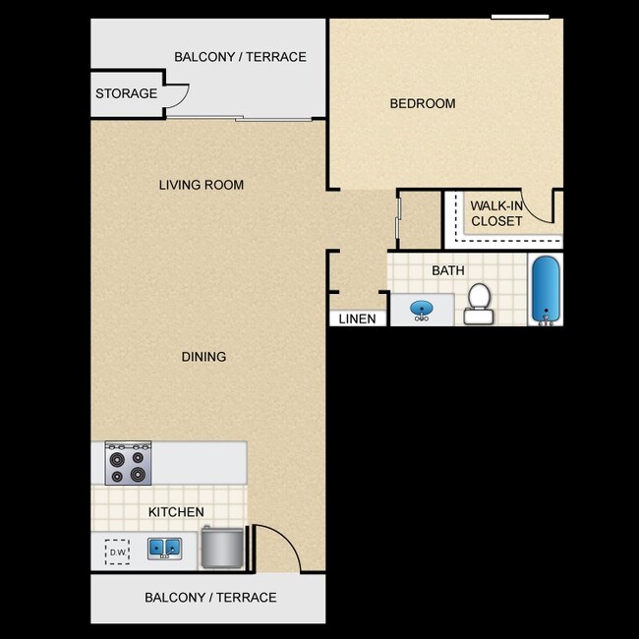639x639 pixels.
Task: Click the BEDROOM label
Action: pyautogui.click(x=422, y=103)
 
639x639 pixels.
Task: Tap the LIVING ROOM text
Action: pyautogui.click(x=202, y=185)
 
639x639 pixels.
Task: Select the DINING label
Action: pyautogui.click(x=203, y=356)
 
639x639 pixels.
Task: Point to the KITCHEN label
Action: pyautogui.click(x=176, y=512)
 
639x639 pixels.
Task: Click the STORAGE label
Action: pyautogui.click(x=126, y=93)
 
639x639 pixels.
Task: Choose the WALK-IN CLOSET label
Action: pyautogui.click(x=496, y=213)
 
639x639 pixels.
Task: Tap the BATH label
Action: pyautogui.click(x=447, y=270)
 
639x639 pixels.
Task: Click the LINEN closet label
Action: pyautogui.click(x=357, y=319)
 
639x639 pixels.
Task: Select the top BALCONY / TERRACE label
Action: pyautogui.click(x=240, y=57)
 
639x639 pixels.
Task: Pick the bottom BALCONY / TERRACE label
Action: pyautogui.click(x=210, y=597)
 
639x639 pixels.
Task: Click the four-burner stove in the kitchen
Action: pyautogui.click(x=129, y=462)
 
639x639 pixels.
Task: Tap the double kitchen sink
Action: pyautogui.click(x=163, y=548)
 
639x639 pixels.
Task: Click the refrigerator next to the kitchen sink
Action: pyautogui.click(x=222, y=549)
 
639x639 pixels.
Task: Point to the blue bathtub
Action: pyautogui.click(x=545, y=289)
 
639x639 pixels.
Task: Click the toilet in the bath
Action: pyautogui.click(x=479, y=301)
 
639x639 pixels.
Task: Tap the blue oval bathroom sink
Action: pyautogui.click(x=422, y=310)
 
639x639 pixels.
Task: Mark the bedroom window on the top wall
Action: pyautogui.click(x=520, y=16)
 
